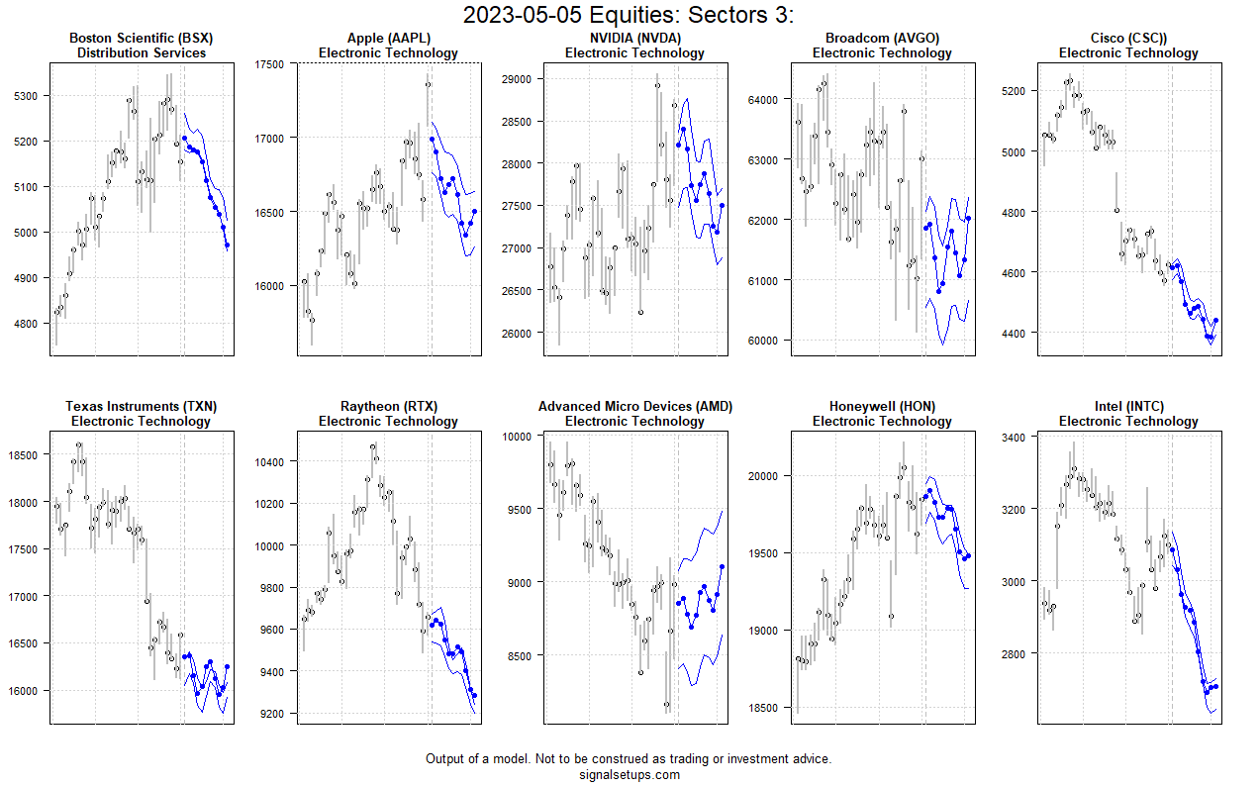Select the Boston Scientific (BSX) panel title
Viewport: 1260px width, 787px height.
coord(141,39)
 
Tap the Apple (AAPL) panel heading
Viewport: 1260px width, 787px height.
coord(388,39)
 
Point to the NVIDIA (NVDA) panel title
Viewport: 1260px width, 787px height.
coord(634,39)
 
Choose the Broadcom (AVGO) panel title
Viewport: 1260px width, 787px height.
coord(882,39)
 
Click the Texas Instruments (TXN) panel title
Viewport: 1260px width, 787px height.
coord(141,407)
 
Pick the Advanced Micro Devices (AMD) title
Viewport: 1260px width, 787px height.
coord(634,407)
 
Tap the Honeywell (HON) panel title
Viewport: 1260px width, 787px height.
coord(882,407)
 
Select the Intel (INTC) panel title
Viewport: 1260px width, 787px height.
coord(1128,407)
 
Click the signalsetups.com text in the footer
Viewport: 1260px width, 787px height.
coord(630,775)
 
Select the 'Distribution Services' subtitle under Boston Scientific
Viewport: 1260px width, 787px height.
coord(141,53)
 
